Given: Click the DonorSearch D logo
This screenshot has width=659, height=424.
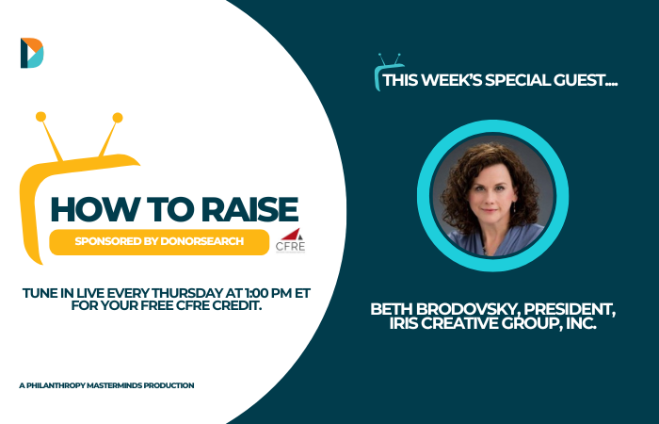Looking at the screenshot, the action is click(32, 53).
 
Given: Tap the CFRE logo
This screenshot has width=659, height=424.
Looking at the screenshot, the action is click(290, 240).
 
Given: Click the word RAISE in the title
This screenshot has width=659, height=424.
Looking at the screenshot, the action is click(250, 209).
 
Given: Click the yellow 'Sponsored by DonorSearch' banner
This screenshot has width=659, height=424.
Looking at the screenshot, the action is click(159, 242).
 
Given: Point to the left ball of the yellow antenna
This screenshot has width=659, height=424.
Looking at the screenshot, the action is click(40, 117).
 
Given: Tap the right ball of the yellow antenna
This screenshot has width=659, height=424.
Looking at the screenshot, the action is click(118, 118).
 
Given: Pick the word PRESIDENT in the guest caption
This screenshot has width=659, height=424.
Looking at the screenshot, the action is click(570, 310).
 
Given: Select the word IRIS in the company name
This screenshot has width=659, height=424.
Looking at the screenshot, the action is click(403, 323).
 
